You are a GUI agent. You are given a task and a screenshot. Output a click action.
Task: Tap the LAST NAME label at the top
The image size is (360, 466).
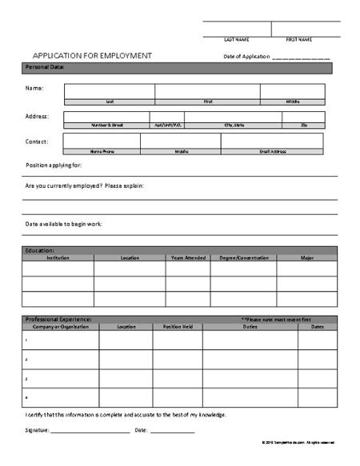click(236, 39)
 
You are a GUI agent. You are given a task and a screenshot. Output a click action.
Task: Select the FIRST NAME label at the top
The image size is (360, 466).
click(299, 39)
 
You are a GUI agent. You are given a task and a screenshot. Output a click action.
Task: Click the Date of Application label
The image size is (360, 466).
click(246, 57)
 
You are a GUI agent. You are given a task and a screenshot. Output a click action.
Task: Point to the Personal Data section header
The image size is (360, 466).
click(45, 67)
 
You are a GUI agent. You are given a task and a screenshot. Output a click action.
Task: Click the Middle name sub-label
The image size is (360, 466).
click(293, 102)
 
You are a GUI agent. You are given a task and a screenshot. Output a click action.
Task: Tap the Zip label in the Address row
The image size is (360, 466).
click(304, 125)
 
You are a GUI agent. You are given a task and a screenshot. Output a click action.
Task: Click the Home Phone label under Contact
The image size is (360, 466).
click(102, 150)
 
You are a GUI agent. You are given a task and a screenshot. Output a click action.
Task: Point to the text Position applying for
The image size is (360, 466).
click(54, 165)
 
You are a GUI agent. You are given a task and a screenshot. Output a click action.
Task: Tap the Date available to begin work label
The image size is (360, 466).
click(64, 223)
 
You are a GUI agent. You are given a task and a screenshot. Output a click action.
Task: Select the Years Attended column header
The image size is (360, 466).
click(187, 258)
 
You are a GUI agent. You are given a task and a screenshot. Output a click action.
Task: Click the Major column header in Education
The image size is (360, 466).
click(306, 258)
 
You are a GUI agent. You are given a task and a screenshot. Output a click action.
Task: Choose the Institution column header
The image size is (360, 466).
click(58, 258)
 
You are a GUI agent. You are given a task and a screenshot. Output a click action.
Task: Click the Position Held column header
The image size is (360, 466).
click(177, 326)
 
